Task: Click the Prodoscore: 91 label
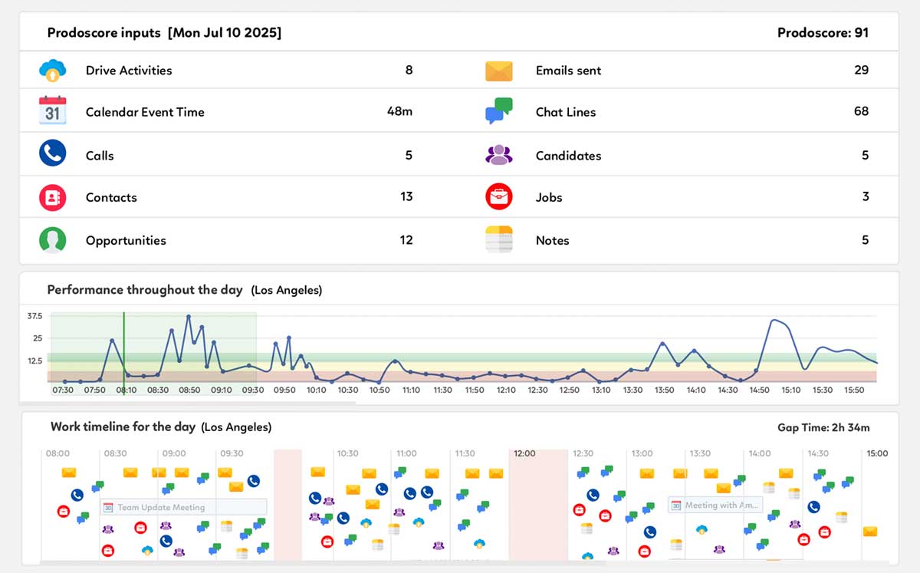pyautogui.click(x=823, y=33)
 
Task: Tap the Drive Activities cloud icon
pyautogui.click(x=52, y=71)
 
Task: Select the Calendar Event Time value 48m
pyautogui.click(x=399, y=112)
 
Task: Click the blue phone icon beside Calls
pyautogui.click(x=52, y=153)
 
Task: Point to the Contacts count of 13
pyautogui.click(x=406, y=197)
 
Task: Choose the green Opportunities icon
pyautogui.click(x=52, y=239)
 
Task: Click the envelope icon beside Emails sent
pyautogui.click(x=498, y=71)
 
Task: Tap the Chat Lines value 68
pyautogui.click(x=861, y=112)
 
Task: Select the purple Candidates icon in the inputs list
pyautogui.click(x=498, y=155)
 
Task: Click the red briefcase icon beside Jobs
pyautogui.click(x=498, y=196)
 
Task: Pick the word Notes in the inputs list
pyautogui.click(x=552, y=241)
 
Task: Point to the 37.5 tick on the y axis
pyautogui.click(x=34, y=316)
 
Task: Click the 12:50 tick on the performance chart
pyautogui.click(x=570, y=390)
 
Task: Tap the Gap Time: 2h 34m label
pyautogui.click(x=823, y=428)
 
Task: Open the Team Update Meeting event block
pyautogui.click(x=184, y=507)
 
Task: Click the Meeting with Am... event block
pyautogui.click(x=715, y=505)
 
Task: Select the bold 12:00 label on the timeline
pyautogui.click(x=524, y=454)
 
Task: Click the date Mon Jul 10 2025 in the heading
pyautogui.click(x=225, y=33)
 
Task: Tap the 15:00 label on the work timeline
pyautogui.click(x=877, y=454)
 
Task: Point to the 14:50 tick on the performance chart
pyautogui.click(x=759, y=390)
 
